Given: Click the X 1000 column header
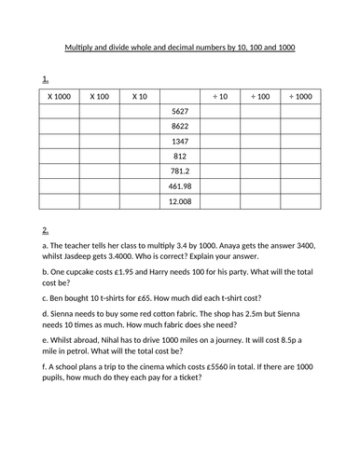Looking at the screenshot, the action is pos(59,96).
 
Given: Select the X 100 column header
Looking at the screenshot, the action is pos(100,96).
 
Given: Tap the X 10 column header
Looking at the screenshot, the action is pos(140,96).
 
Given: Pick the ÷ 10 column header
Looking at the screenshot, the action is pos(221,96).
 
